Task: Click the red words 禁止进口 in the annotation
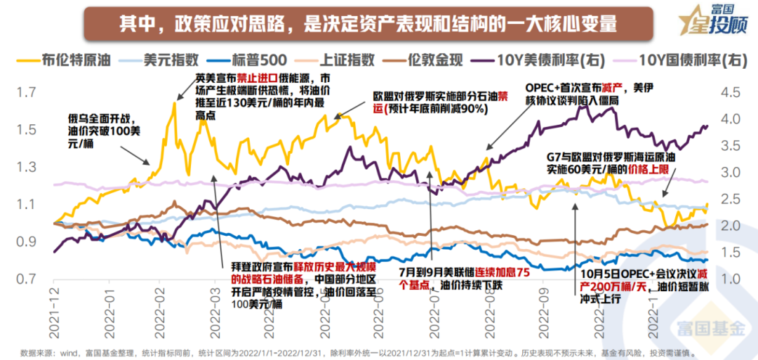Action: [x=255, y=78]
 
